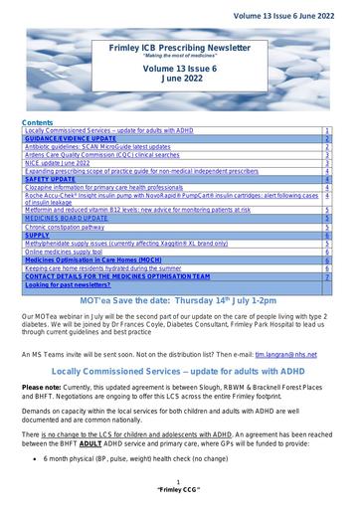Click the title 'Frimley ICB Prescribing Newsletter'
click(x=179, y=46)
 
